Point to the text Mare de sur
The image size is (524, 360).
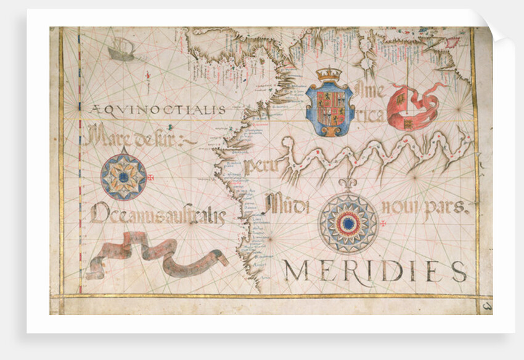point(141,136)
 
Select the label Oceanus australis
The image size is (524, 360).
point(158,215)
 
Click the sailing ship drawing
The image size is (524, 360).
point(121,49)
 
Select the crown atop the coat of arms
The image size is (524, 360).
point(329,76)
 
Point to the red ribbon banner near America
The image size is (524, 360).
point(415,106)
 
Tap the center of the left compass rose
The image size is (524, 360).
point(124,177)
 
